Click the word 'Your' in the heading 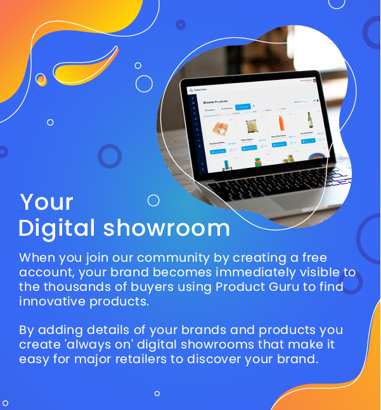point(46,202)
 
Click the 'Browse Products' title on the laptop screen point(216,101)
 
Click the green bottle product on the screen point(309,120)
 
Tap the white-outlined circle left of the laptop point(144,84)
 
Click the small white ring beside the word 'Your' point(153,200)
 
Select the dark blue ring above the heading point(110,156)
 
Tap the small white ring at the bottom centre point(157,393)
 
